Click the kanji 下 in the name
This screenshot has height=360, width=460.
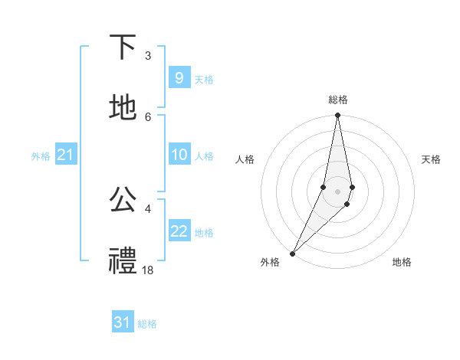123,47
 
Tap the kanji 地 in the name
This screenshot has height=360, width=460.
123,108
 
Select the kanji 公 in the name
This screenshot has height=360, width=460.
123,199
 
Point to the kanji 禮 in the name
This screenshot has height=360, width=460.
123,260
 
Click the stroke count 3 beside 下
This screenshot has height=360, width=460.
148,55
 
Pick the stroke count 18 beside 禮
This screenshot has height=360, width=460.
148,270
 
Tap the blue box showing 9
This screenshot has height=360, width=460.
179,78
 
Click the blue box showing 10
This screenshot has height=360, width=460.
179,155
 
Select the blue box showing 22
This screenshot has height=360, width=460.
179,231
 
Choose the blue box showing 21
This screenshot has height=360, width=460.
65,155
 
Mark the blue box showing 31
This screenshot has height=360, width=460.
122,322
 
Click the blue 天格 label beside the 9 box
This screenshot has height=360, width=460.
204,79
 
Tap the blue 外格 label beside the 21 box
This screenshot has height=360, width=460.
41,155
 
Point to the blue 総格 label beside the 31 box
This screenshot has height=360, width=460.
147,324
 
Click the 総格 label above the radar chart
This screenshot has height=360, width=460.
338,100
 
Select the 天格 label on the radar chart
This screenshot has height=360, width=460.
432,159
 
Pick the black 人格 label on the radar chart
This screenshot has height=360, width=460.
245,159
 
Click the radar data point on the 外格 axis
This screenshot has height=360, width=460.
293,253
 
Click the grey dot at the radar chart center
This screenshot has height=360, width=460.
338,191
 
